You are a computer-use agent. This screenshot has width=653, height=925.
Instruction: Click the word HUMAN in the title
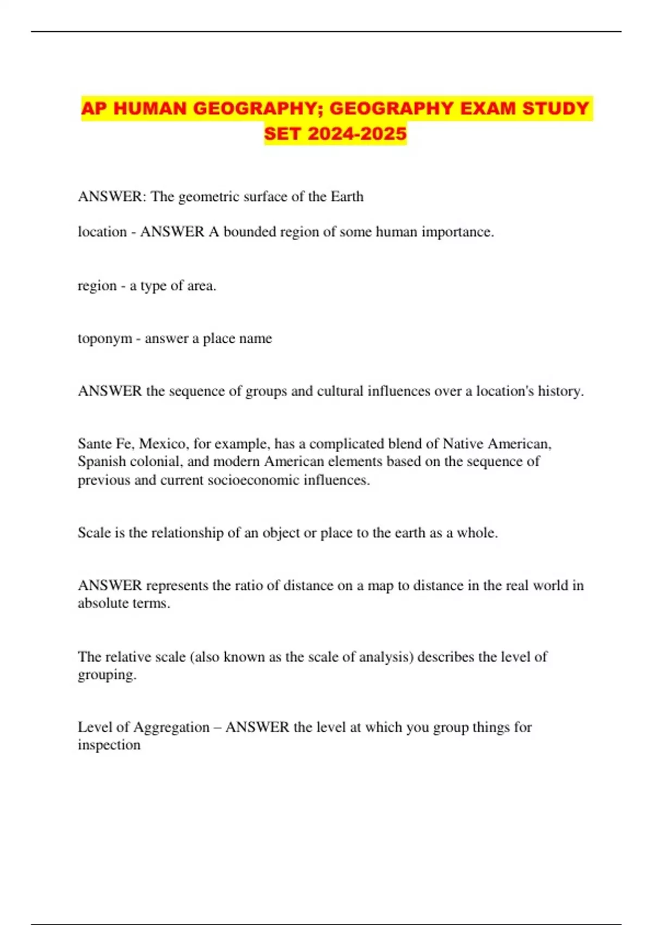pyautogui.click(x=150, y=108)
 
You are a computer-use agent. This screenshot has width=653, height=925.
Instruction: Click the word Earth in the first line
pyautogui.click(x=347, y=196)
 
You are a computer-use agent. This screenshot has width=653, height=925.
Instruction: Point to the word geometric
pyautogui.click(x=208, y=196)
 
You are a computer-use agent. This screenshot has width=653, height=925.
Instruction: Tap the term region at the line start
pyautogui.click(x=97, y=286)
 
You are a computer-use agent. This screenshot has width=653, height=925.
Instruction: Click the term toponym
pyautogui.click(x=105, y=338)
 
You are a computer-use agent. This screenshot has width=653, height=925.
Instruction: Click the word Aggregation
pyautogui.click(x=171, y=727)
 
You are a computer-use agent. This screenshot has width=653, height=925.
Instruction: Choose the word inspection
pyautogui.click(x=109, y=745)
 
